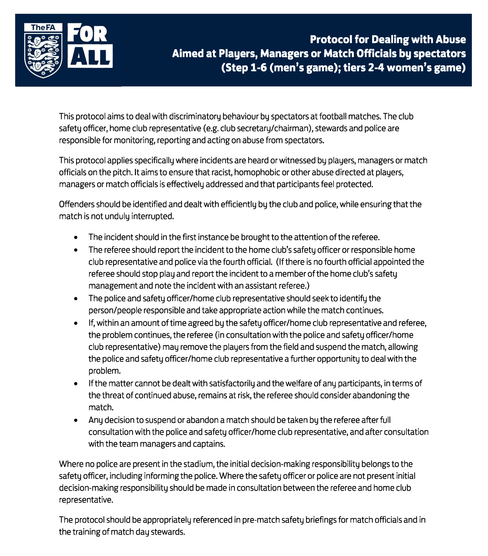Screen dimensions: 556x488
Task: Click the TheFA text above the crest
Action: [43, 27]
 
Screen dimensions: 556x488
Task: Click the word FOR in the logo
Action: [87, 34]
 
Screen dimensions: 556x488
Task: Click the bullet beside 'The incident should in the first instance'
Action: [76, 238]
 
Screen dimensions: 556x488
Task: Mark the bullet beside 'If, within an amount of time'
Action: [76, 323]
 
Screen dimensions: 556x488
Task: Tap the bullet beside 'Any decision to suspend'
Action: [76, 420]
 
